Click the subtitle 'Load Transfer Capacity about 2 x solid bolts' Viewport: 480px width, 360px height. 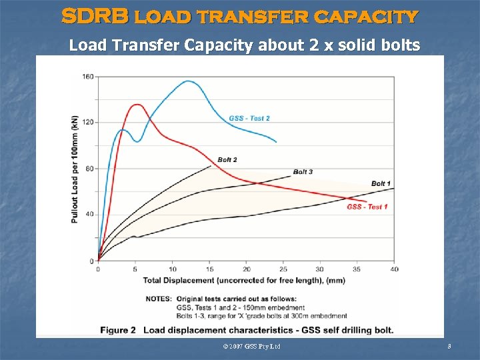(x=245, y=45)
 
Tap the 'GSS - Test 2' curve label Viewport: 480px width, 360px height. (x=249, y=119)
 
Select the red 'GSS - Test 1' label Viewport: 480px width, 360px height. (x=367, y=207)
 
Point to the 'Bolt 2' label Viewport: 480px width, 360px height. (x=227, y=160)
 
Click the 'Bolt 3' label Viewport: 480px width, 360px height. (x=303, y=172)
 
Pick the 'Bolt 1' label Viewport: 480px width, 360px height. (x=381, y=183)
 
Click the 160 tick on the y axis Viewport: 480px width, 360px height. (x=88, y=77)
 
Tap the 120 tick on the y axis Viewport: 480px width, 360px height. (x=88, y=123)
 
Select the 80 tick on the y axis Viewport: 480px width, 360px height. (x=89, y=169)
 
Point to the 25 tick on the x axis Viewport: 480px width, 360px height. (x=283, y=269)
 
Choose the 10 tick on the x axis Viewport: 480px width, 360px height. (x=172, y=269)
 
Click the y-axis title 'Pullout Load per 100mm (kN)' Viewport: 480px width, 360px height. (x=75, y=169)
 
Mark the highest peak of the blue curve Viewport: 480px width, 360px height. (x=188, y=81)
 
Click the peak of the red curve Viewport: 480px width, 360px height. (x=137, y=104)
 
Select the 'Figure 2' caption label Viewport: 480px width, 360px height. (x=118, y=330)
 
